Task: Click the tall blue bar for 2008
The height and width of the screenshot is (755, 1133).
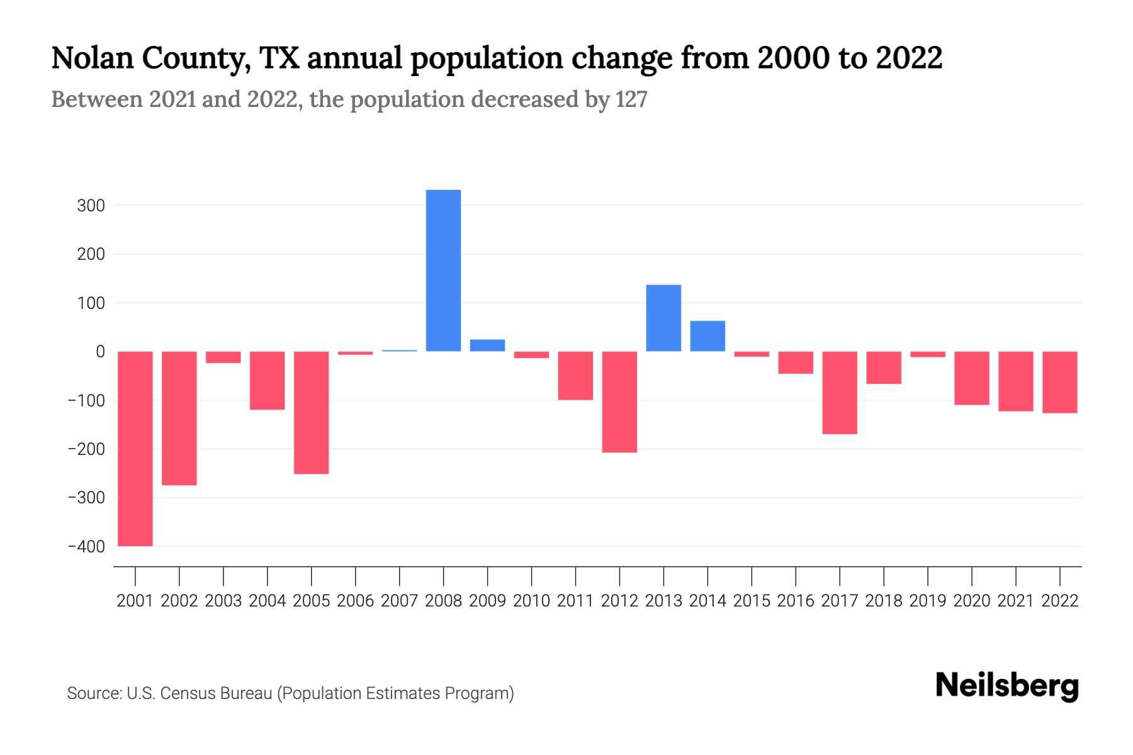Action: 443,271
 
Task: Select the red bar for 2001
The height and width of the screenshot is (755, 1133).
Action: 135,449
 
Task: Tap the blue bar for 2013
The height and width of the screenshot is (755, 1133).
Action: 663,318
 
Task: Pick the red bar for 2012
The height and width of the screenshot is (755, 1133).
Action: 619,401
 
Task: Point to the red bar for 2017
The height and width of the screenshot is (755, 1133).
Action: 840,393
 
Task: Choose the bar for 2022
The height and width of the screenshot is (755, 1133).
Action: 1060,382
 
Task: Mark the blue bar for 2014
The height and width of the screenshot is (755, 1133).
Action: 707,336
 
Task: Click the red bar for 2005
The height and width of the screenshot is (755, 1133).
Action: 312,412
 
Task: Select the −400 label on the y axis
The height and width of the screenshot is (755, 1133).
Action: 86,547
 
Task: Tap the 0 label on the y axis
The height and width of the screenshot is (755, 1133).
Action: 100,352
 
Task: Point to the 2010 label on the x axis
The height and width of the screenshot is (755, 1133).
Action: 531,601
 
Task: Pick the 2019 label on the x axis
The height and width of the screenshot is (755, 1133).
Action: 928,601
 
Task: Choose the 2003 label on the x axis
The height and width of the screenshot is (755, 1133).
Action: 223,601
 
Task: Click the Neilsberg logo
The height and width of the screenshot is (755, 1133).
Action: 1007,686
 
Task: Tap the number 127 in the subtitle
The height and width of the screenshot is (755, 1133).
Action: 631,99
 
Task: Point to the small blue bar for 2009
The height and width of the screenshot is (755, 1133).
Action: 487,345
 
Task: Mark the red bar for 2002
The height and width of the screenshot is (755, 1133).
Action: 179,418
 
